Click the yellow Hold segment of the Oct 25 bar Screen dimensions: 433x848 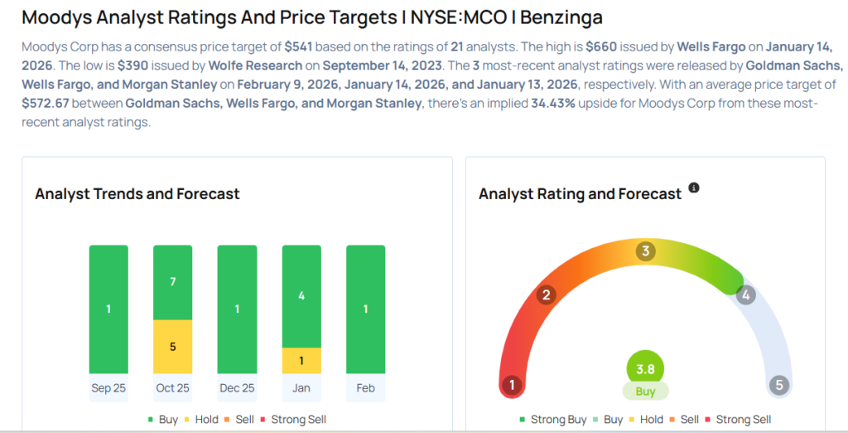tap(173, 347)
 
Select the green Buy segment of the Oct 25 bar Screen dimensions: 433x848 tap(173, 282)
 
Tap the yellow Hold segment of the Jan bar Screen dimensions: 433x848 tap(301, 360)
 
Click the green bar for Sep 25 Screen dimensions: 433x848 tap(108, 309)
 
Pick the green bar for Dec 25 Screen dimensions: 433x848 tap(237, 309)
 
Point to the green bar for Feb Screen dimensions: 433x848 tap(365, 309)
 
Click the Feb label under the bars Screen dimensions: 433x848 tap(365, 388)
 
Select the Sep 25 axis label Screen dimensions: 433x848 tap(108, 388)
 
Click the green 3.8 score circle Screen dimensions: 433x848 tap(645, 368)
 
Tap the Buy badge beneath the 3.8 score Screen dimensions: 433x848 tap(645, 392)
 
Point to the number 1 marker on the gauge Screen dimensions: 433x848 tap(513, 385)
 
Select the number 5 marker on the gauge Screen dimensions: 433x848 tap(778, 385)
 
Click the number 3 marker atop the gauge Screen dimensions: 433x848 tap(645, 251)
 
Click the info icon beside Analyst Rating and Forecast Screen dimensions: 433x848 tap(694, 188)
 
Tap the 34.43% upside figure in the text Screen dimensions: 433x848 tap(552, 104)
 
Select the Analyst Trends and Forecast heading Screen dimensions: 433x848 tap(137, 194)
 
